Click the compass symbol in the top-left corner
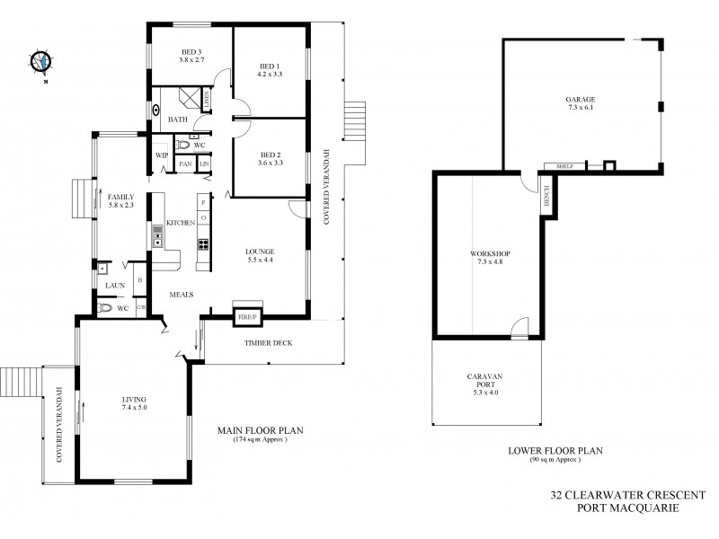[x=41, y=61]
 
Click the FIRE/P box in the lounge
[x=246, y=316]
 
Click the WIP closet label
[x=163, y=155]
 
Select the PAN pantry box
[x=185, y=164]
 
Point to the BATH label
[x=178, y=119]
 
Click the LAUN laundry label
[x=114, y=286]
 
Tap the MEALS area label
[x=184, y=291]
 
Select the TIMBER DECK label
[x=268, y=343]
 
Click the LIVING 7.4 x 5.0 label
[x=134, y=403]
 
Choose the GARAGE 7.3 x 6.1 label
[x=581, y=104]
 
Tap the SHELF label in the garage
[x=564, y=165]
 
